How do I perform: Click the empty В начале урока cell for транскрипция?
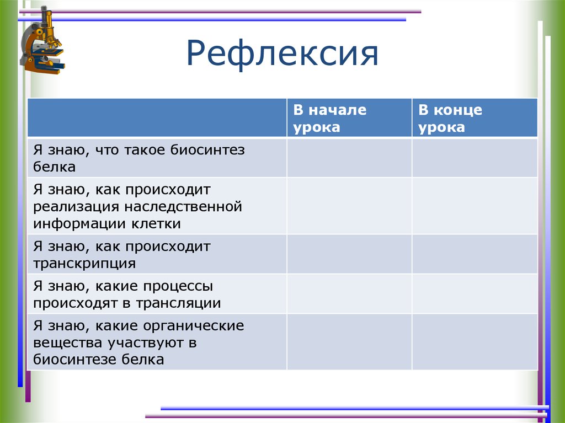click(349, 254)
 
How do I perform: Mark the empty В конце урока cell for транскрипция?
click(474, 254)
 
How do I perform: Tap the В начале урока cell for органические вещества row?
click(349, 342)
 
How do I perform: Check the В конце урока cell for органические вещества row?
click(474, 342)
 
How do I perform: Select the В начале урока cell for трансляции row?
click(349, 294)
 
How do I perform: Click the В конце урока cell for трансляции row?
click(474, 294)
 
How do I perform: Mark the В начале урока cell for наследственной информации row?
click(349, 206)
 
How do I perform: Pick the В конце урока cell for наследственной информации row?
click(474, 206)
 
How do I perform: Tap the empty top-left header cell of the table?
click(157, 118)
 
